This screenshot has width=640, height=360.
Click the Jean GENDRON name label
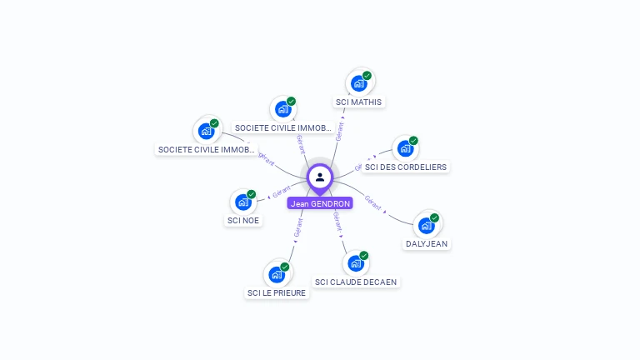320,203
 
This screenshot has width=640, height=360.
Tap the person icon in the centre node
320,177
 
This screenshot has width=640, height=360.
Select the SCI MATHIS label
358,102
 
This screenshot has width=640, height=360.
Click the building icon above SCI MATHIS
358,83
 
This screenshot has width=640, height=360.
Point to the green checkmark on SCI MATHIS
367,76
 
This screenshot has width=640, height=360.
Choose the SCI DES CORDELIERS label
406,167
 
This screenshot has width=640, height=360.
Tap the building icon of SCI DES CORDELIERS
405,148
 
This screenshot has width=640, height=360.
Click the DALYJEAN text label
427,244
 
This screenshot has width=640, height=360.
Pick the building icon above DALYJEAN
426,225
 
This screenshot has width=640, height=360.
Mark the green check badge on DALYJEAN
434,217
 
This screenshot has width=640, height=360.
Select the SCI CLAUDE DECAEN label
356,282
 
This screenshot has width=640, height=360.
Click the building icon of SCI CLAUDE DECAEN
355,263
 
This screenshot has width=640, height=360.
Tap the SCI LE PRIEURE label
277,293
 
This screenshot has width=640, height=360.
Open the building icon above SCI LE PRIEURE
276,274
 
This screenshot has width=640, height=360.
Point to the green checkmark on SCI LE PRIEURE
284,267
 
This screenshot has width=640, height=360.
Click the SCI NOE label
243,221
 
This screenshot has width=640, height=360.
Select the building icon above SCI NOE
242,202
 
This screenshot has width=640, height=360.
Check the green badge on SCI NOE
251,194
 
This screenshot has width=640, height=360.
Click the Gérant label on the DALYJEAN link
373,202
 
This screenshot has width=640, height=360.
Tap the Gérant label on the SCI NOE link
281,192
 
